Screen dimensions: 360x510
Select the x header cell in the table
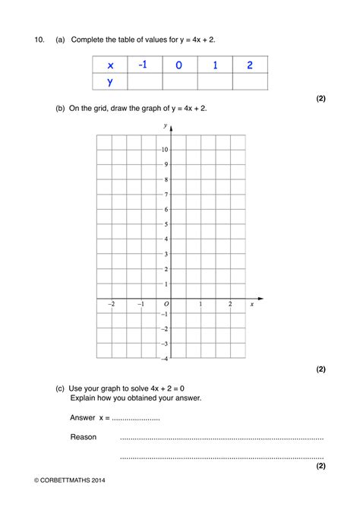point(110,65)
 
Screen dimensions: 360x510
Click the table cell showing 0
point(178,65)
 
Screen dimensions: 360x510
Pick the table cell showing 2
point(250,65)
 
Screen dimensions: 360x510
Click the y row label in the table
point(110,81)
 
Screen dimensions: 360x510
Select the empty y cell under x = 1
point(215,81)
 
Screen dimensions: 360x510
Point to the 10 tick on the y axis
point(164,150)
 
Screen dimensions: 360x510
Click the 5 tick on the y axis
point(165,224)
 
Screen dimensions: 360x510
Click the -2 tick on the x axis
point(112,304)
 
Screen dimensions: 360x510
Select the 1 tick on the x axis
point(201,304)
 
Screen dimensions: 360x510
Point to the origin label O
point(166,304)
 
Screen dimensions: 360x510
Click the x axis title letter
point(252,304)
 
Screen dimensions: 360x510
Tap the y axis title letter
point(166,125)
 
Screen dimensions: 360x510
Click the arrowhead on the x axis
point(261,298)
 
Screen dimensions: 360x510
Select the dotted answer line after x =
point(136,418)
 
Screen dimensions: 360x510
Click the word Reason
point(84,437)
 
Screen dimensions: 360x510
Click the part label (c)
point(60,388)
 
